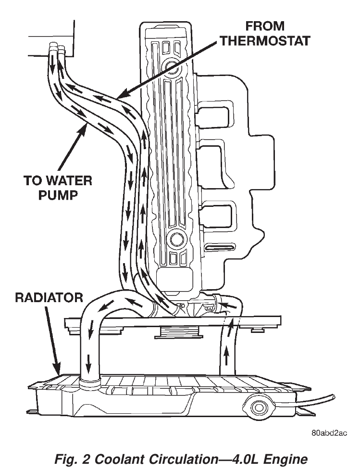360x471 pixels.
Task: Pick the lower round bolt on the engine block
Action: pos(176,239)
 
